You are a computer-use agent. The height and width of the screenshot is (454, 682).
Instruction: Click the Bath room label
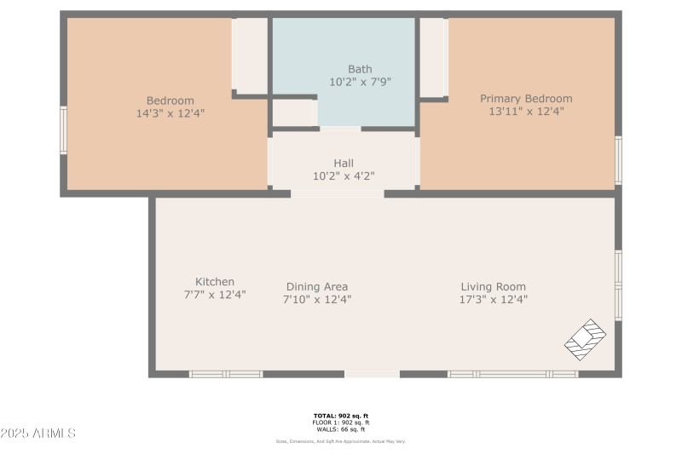click(x=360, y=69)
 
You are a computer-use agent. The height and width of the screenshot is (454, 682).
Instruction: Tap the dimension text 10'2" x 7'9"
click(x=360, y=83)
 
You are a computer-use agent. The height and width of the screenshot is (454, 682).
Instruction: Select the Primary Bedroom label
click(x=526, y=99)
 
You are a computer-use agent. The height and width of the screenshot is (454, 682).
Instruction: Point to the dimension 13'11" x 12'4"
click(x=526, y=112)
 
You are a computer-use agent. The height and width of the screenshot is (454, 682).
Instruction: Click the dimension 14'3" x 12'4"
click(x=170, y=112)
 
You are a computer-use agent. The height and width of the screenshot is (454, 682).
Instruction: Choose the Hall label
click(x=344, y=163)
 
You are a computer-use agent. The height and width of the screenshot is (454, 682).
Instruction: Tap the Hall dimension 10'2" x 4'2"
click(x=344, y=176)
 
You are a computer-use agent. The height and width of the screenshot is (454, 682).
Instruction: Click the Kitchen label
click(x=215, y=282)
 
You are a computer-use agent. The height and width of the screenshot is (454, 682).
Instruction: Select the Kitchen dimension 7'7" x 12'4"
click(x=215, y=295)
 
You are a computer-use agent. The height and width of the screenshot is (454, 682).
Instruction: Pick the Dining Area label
click(x=317, y=287)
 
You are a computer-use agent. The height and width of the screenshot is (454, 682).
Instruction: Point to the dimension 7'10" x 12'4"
click(x=317, y=300)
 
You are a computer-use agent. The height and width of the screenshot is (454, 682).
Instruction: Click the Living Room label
click(x=494, y=287)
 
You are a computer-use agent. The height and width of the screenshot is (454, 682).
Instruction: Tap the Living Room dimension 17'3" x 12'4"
click(x=494, y=300)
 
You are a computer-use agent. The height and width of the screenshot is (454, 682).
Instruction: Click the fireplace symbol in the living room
click(x=587, y=339)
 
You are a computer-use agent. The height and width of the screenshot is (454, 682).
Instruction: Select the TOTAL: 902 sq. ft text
click(x=340, y=417)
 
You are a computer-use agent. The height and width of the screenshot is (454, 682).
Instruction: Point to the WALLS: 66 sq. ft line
click(x=340, y=428)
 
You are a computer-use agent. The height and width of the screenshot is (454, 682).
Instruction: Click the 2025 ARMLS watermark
click(x=38, y=434)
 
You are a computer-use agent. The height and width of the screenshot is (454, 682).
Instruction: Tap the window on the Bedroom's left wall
click(x=63, y=129)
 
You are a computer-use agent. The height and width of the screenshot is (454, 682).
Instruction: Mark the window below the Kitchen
click(x=225, y=374)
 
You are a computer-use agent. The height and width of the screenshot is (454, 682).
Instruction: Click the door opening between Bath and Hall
click(x=340, y=129)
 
